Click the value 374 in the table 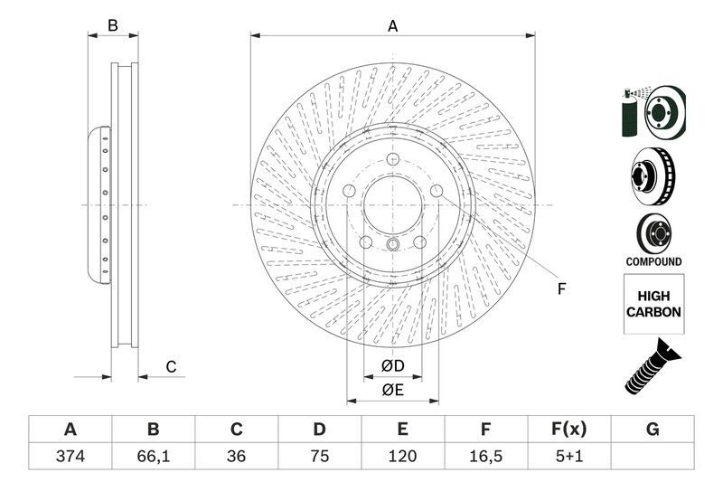(70, 457)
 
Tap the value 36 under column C (236, 457)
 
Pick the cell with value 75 (319, 457)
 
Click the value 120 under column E (402, 457)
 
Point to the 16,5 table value (485, 457)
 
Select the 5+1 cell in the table (569, 457)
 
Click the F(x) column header (569, 429)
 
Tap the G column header (653, 429)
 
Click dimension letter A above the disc (392, 26)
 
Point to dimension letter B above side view (113, 26)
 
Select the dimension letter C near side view (170, 366)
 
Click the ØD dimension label (391, 365)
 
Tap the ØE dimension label (391, 390)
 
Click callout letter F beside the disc (560, 289)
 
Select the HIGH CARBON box (653, 305)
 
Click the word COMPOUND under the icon (653, 261)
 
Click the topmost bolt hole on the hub (393, 163)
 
